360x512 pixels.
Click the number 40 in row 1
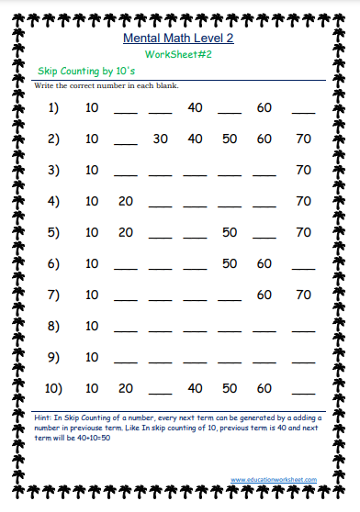(x=195, y=108)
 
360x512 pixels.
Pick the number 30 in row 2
(x=161, y=139)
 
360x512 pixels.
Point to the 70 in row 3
(x=303, y=171)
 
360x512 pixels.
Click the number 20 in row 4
(x=126, y=202)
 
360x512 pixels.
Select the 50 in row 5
(x=230, y=233)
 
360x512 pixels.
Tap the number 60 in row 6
(x=264, y=264)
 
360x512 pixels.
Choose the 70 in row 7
(x=303, y=295)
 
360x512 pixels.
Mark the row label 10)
(x=52, y=389)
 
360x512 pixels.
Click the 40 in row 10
(x=195, y=389)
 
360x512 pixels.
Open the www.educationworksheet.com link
(x=274, y=480)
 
